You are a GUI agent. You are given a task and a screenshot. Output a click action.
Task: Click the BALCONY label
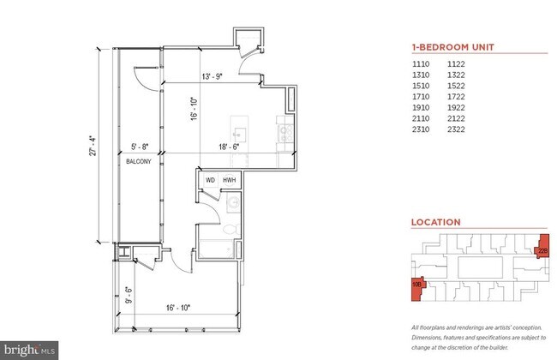(139, 160)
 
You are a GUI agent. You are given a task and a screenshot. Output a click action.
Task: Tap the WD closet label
(210, 180)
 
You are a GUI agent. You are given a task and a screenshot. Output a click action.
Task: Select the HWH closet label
(229, 180)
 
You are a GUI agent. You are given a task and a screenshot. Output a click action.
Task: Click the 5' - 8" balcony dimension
(142, 147)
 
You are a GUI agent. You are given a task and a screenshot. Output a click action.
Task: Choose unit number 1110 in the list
(420, 65)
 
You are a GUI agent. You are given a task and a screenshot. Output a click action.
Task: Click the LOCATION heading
(436, 222)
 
